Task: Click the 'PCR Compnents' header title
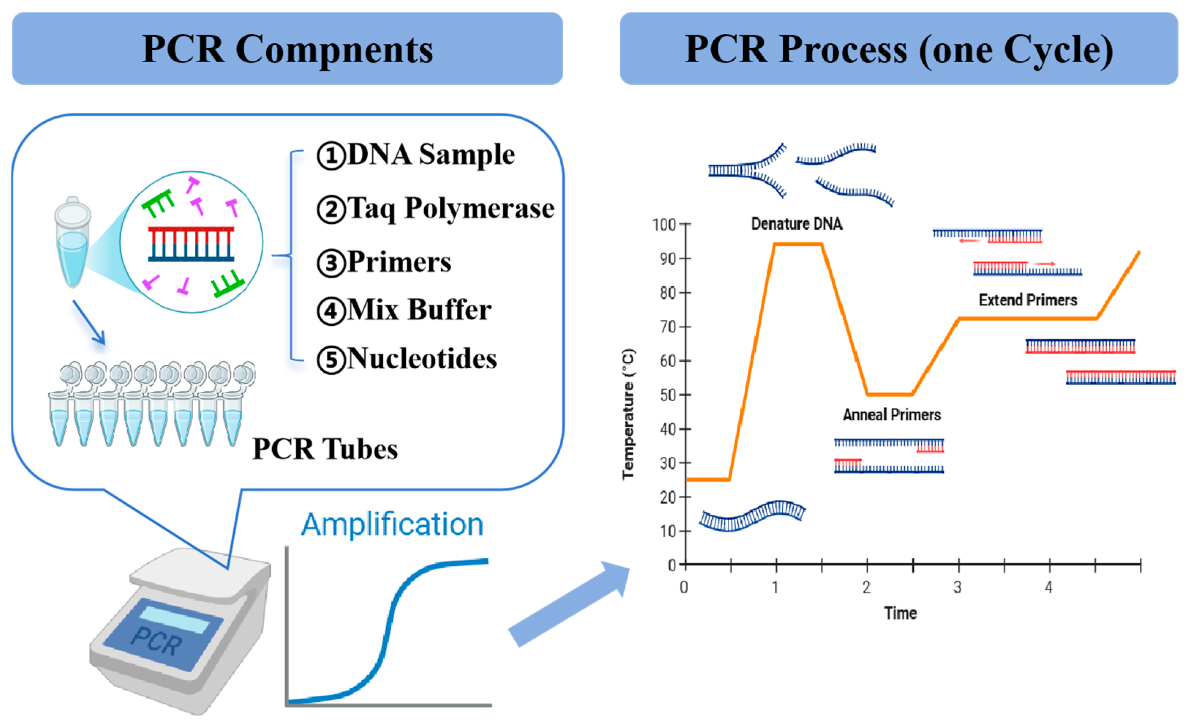[287, 49]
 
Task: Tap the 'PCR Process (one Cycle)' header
[899, 49]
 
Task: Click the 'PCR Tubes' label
[325, 449]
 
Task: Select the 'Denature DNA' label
[797, 223]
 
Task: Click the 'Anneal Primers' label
[891, 414]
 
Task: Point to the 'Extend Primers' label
[1027, 300]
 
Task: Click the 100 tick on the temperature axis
[664, 225]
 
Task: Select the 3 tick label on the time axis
[958, 587]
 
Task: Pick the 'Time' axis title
[900, 613]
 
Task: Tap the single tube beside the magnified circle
[72, 241]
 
